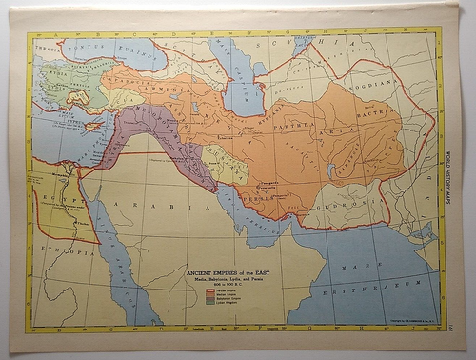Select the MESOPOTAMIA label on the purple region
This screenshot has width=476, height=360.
coord(143,124)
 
